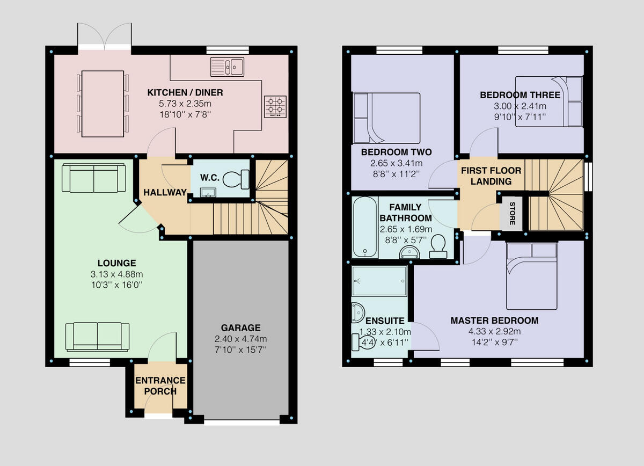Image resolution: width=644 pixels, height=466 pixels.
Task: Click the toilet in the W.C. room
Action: pyautogui.click(x=237, y=179)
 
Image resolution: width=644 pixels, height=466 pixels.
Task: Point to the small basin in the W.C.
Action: pyautogui.click(x=205, y=192)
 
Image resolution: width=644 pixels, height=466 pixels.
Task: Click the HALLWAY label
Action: pyautogui.click(x=165, y=192)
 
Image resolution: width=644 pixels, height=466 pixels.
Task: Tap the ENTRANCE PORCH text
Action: pyautogui.click(x=160, y=385)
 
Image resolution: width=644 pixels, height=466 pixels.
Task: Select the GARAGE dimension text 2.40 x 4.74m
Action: pyautogui.click(x=240, y=339)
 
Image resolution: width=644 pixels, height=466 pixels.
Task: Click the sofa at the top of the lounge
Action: pyautogui.click(x=94, y=178)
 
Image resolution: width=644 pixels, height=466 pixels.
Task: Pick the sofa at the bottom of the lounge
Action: pyautogui.click(x=98, y=337)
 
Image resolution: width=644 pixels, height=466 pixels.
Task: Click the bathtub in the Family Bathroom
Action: pyautogui.click(x=364, y=227)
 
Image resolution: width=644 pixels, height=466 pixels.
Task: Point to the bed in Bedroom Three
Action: pyautogui.click(x=548, y=101)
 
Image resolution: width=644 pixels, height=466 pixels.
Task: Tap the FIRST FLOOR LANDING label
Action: pyautogui.click(x=491, y=176)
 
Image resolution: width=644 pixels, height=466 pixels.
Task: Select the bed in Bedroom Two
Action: pyautogui.click(x=386, y=118)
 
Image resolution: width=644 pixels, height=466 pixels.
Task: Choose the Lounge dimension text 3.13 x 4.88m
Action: pyautogui.click(x=116, y=273)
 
